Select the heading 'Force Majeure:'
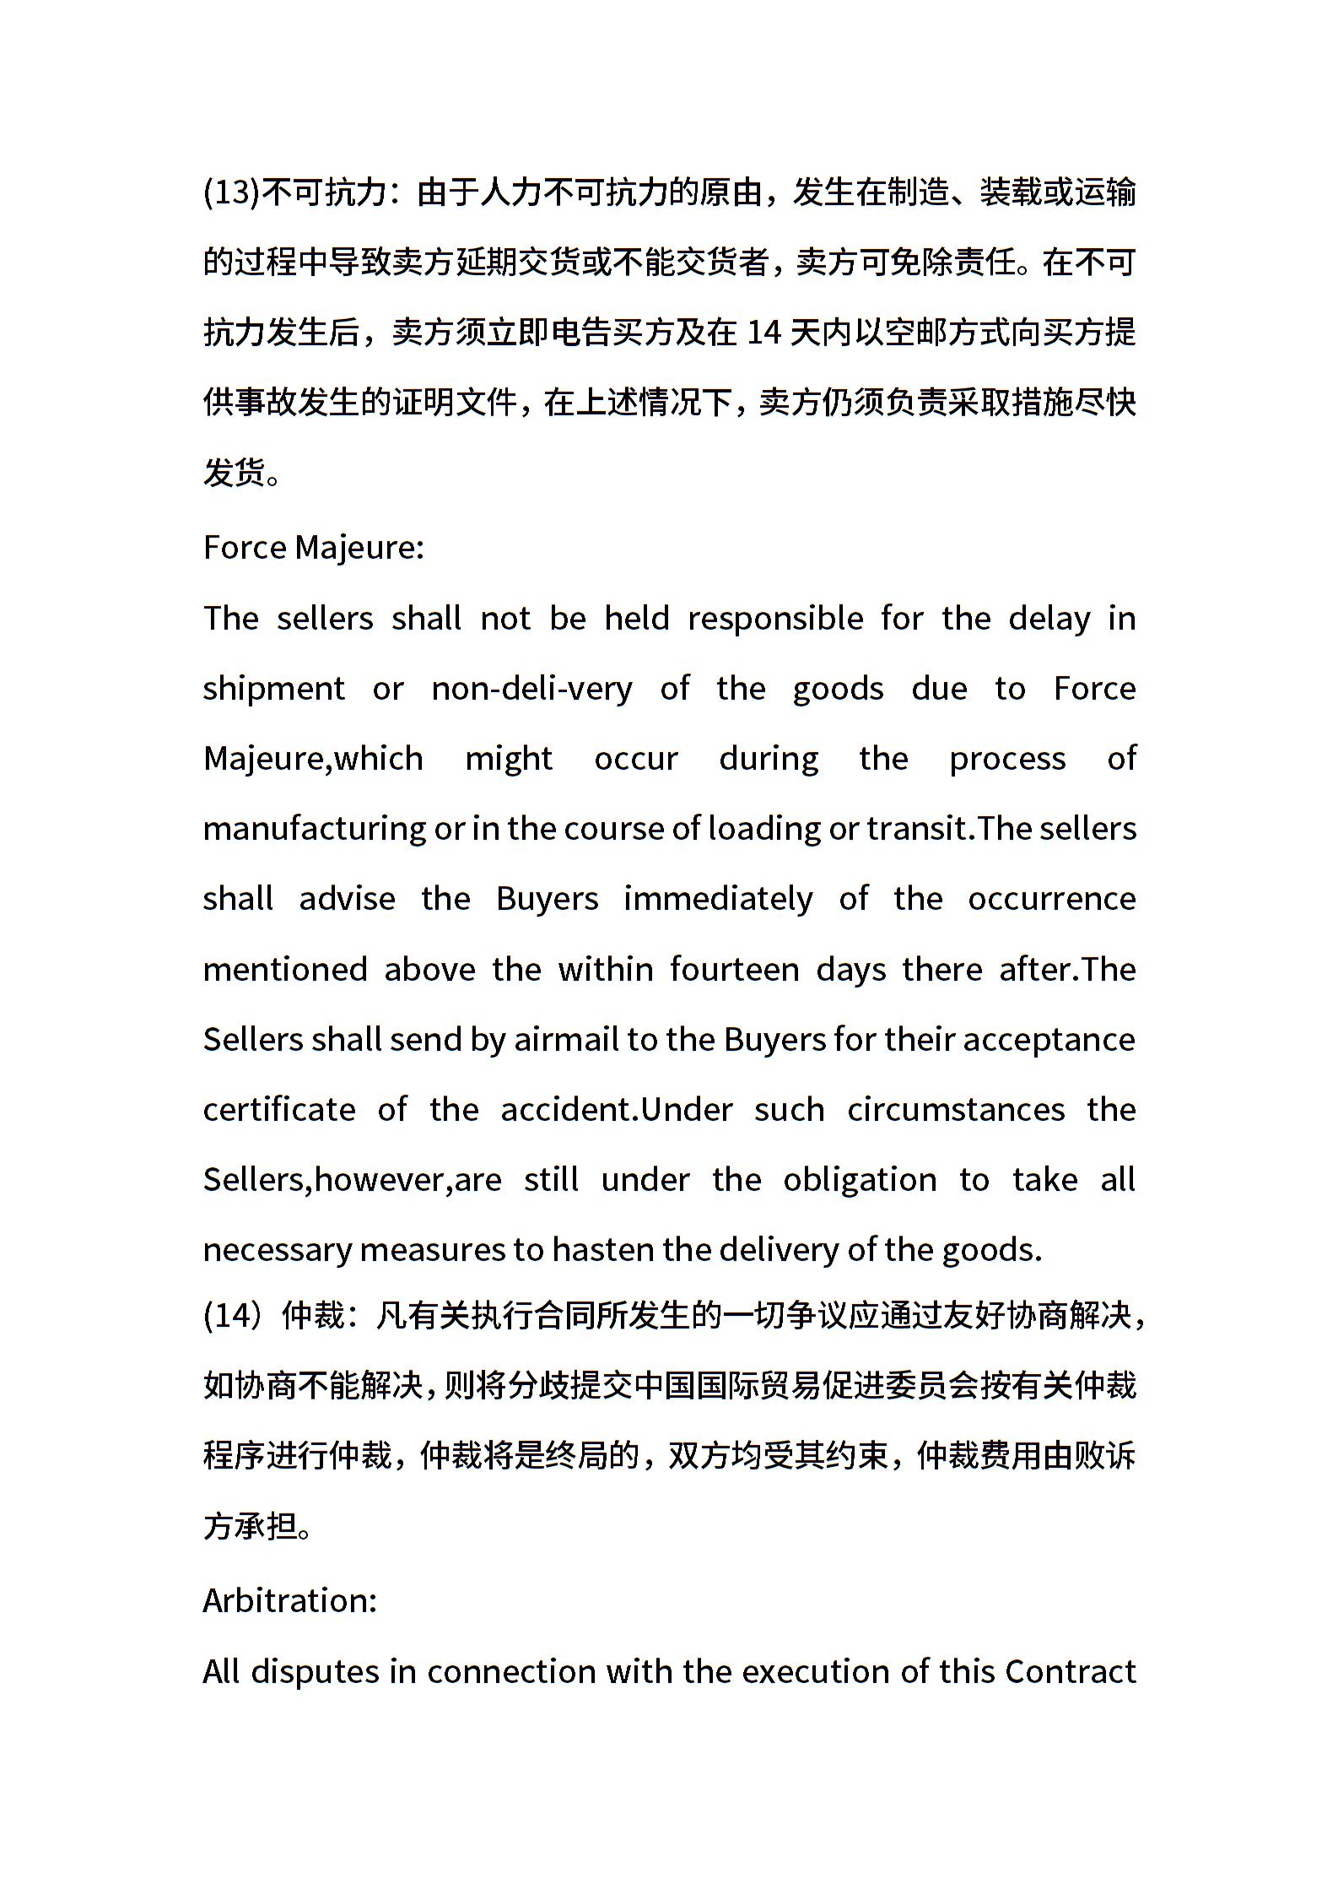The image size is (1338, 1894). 313,548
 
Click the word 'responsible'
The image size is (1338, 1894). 775,619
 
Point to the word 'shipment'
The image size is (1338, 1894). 273,689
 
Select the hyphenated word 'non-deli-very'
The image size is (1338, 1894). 531,689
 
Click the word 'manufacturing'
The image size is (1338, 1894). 314,829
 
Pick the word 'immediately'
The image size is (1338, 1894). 718,899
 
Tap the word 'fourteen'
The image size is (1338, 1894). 734,969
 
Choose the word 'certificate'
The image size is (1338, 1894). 279,1109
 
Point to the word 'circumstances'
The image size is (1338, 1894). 956,1109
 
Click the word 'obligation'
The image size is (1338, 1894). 859,1179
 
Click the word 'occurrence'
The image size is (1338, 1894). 1051,899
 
